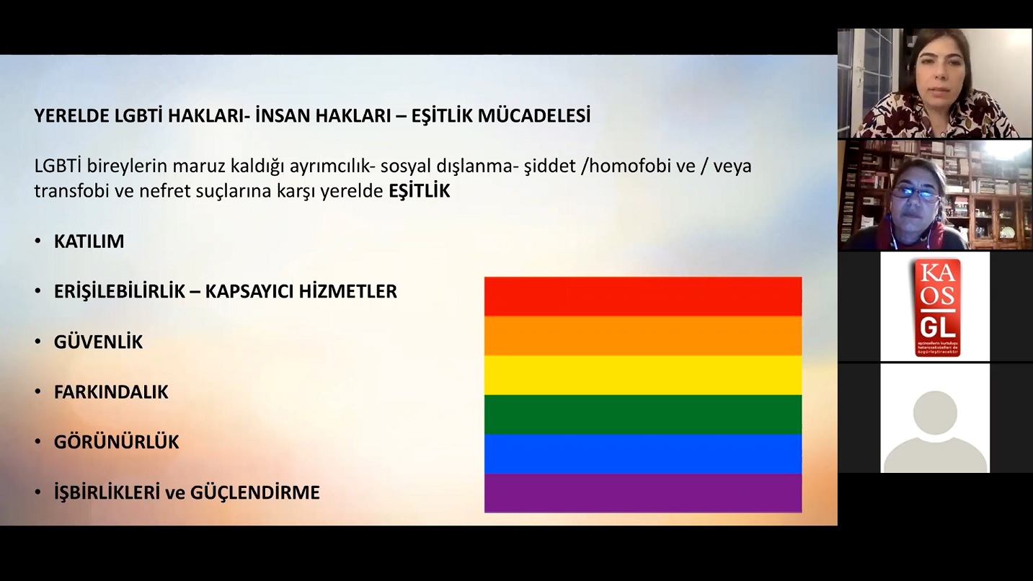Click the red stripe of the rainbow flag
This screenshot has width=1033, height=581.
[642, 296]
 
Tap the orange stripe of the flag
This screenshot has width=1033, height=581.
[642, 335]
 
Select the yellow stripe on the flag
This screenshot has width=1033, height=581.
[642, 375]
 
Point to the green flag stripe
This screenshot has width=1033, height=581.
[642, 414]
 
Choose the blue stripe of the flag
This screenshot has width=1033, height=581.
[642, 453]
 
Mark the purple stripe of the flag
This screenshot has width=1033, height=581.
[642, 493]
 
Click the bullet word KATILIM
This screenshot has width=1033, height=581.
[89, 241]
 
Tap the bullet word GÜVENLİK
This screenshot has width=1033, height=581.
[98, 342]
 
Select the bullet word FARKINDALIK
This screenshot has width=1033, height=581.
[111, 392]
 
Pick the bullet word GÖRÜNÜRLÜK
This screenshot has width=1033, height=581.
[116, 442]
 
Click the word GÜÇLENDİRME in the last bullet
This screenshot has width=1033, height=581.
[254, 493]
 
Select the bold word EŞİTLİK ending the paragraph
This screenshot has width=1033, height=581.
[419, 192]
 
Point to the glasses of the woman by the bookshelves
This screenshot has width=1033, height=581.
[916, 193]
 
